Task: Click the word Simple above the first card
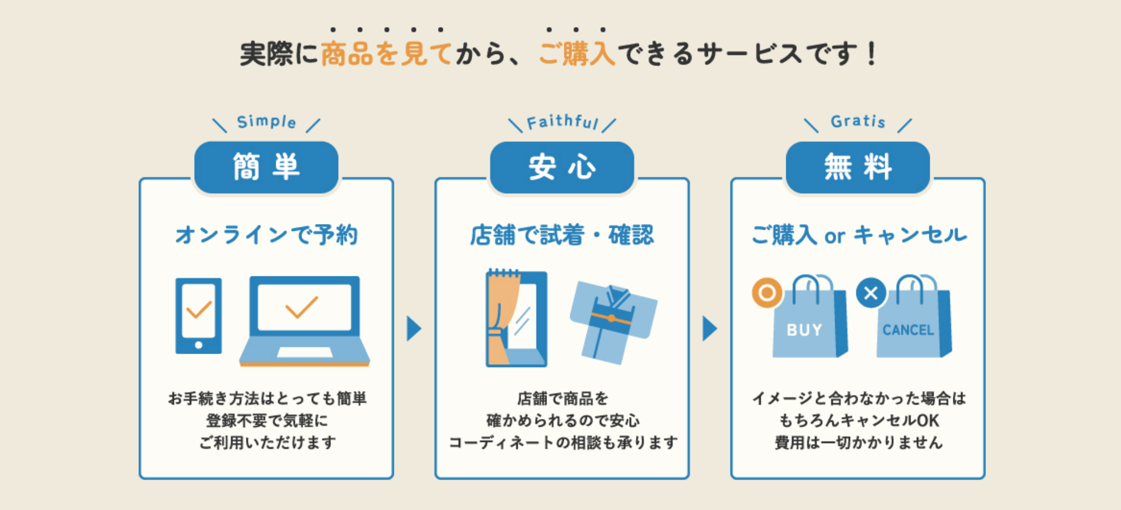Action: (266, 122)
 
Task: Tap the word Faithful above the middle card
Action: (562, 122)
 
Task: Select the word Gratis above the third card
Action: (858, 121)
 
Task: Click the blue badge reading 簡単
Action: (266, 167)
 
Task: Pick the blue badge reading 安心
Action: (562, 167)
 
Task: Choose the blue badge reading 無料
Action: (858, 167)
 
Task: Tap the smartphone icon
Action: (199, 316)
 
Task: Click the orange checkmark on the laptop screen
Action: (302, 307)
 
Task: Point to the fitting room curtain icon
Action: (516, 319)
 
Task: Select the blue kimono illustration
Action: (613, 321)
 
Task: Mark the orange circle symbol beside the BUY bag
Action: (766, 293)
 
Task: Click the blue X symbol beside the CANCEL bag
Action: (871, 293)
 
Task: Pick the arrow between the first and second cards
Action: (414, 329)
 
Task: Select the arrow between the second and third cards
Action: (710, 329)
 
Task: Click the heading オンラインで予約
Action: (266, 235)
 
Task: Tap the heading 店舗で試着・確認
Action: (562, 235)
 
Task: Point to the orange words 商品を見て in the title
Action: (386, 54)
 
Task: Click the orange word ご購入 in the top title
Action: (577, 54)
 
